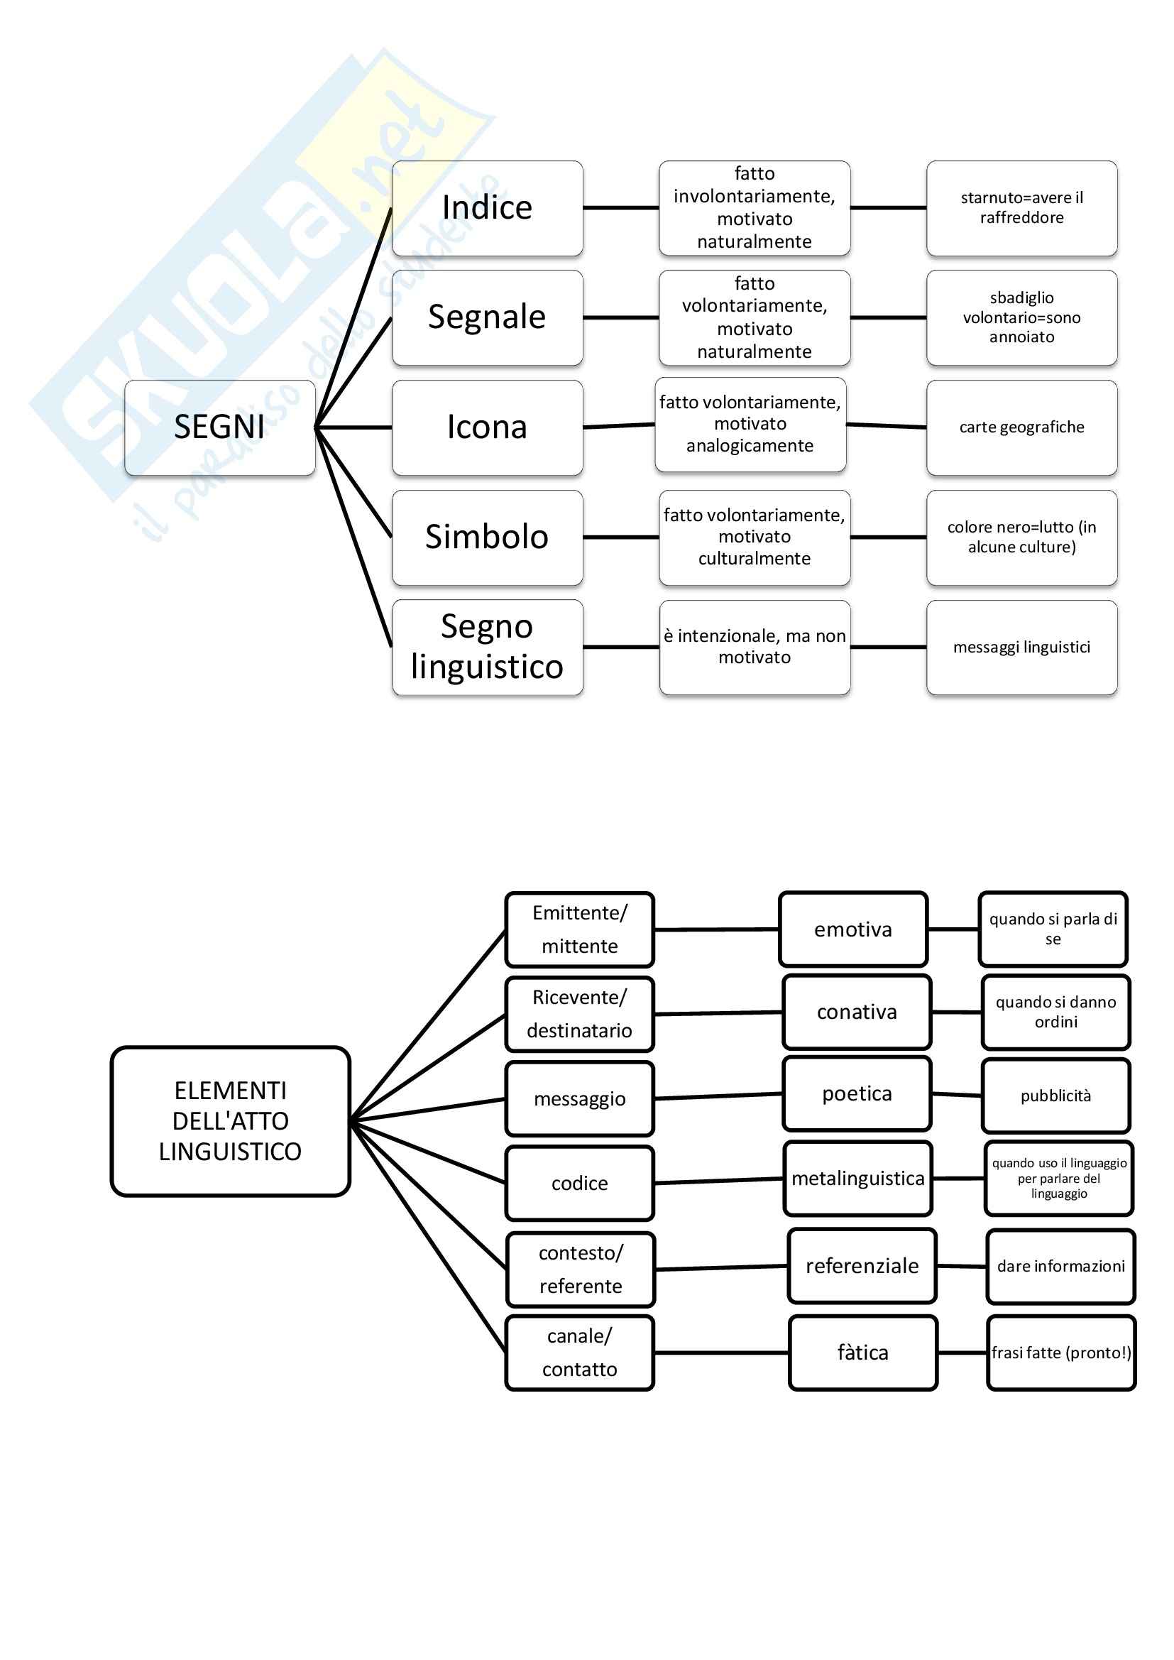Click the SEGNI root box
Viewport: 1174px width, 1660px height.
pos(220,427)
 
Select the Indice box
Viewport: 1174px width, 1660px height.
pos(487,208)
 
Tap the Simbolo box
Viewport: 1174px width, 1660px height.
pos(487,537)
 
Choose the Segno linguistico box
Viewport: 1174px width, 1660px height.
pos(487,647)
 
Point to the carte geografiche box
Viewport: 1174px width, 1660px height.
pos(1021,427)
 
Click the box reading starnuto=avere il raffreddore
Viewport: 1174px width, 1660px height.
pos(1021,208)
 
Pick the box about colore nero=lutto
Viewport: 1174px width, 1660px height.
pos(1021,537)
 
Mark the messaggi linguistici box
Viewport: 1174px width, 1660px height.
pos(1021,647)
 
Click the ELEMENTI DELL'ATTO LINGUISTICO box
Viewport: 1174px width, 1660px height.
pos(230,1120)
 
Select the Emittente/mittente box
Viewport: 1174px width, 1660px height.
pos(580,929)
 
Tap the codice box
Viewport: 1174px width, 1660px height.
pos(580,1183)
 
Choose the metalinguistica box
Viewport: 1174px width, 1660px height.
pos(857,1179)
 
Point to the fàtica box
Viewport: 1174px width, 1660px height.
pos(863,1352)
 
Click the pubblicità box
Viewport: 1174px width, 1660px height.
pos(1055,1096)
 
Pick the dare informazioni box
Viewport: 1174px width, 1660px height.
pos(1060,1266)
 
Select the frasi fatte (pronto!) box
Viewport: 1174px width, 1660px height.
pos(1060,1352)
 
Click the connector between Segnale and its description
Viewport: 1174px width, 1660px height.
pos(620,317)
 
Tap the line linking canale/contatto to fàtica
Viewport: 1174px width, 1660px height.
pos(720,1352)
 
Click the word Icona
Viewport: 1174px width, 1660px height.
pos(487,427)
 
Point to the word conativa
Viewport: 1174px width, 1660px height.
pos(857,1012)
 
